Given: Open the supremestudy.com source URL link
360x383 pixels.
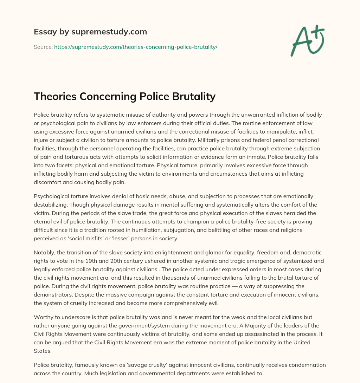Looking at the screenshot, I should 136,47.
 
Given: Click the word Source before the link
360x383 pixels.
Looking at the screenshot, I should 43,47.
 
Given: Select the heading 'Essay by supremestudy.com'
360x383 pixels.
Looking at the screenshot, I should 90,32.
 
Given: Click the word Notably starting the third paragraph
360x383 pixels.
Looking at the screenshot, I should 44,253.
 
